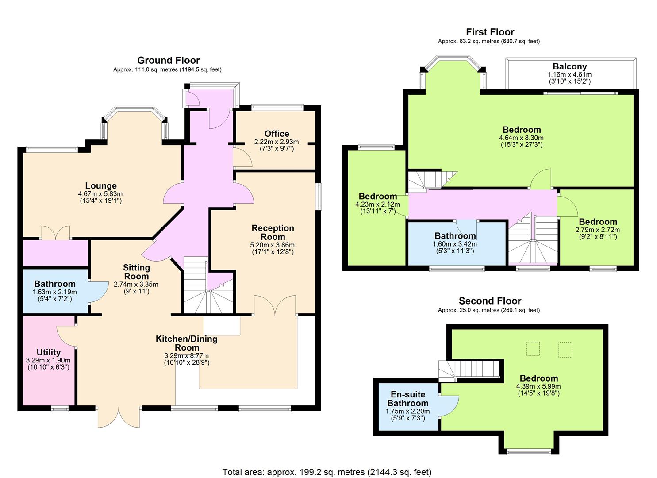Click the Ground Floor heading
pyautogui.click(x=169, y=61)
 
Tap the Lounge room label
pyautogui.click(x=101, y=186)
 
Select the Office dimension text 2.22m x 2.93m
pyautogui.click(x=277, y=142)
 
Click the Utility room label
pyautogui.click(x=48, y=352)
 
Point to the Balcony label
pyautogui.click(x=569, y=66)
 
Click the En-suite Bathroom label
pyautogui.click(x=407, y=399)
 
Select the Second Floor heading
pyautogui.click(x=490, y=301)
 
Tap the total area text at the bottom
pyautogui.click(x=327, y=472)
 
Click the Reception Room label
pyautogui.click(x=273, y=232)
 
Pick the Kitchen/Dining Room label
pyautogui.click(x=187, y=343)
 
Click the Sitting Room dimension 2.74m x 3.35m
pyautogui.click(x=136, y=284)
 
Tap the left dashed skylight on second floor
pyautogui.click(x=533, y=349)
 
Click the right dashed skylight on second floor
pyautogui.click(x=565, y=350)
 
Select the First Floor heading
pyautogui.click(x=490, y=32)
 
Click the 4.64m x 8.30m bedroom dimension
pyautogui.click(x=521, y=138)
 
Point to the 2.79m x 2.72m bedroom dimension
pyautogui.click(x=597, y=230)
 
